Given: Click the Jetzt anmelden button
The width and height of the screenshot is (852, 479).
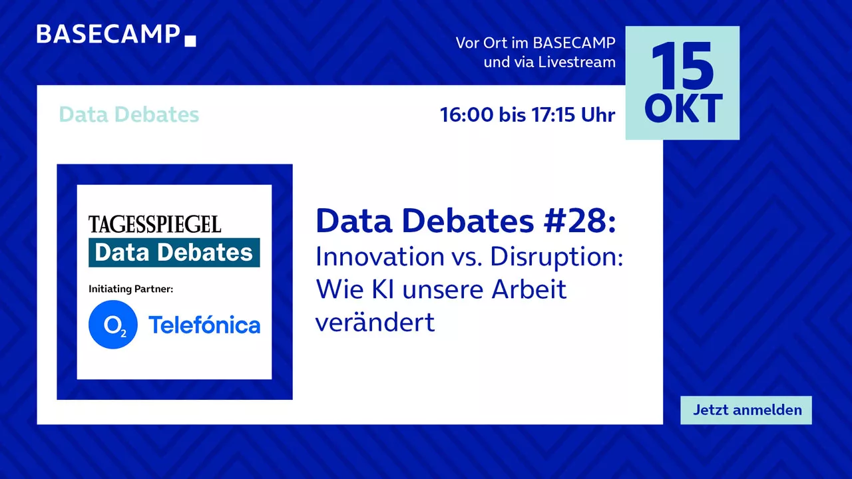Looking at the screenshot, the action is click(746, 410).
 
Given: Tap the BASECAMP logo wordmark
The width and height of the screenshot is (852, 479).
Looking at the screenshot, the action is click(108, 34).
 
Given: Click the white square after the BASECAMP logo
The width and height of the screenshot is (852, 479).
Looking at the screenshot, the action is click(190, 41).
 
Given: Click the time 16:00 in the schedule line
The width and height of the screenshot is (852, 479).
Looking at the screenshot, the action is click(467, 115).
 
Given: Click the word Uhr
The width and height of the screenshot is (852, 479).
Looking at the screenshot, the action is click(598, 115).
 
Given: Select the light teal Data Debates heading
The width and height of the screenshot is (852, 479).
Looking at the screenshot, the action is click(129, 114).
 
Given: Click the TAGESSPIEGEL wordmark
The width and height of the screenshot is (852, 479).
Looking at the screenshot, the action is click(155, 224).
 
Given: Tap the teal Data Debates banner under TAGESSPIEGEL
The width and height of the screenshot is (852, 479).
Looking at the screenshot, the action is click(174, 252).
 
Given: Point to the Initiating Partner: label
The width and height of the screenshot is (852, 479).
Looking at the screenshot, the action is click(131, 289).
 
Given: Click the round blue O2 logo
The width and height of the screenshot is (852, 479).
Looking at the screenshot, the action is click(113, 324).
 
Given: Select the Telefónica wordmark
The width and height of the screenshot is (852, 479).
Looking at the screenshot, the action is click(204, 325).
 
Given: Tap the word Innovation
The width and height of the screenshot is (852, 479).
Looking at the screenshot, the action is click(380, 257).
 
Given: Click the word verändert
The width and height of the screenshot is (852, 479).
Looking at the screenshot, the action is click(375, 322).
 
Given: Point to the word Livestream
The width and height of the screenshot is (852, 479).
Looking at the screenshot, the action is click(576, 63).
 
